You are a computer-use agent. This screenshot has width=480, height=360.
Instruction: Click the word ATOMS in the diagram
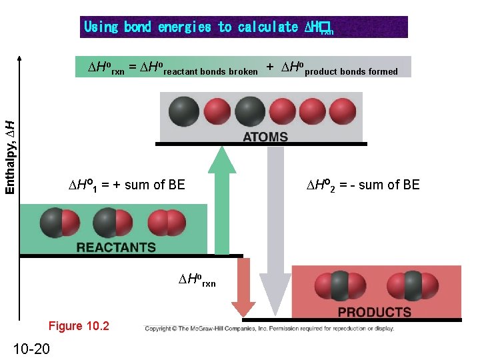point(265,137)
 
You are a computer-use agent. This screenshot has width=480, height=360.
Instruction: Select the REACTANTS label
point(116,247)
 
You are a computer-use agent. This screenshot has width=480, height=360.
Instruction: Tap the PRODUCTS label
point(374,312)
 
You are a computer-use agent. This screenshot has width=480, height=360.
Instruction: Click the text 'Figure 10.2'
point(79,326)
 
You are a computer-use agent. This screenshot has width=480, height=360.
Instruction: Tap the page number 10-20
point(31,348)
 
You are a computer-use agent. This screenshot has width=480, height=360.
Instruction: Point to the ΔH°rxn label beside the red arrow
point(197,279)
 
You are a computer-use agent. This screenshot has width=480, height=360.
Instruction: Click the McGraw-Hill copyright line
point(269,328)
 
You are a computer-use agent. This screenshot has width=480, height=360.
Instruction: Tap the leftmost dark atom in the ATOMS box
point(183,111)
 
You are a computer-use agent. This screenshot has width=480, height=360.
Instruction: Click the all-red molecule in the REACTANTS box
point(167,223)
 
